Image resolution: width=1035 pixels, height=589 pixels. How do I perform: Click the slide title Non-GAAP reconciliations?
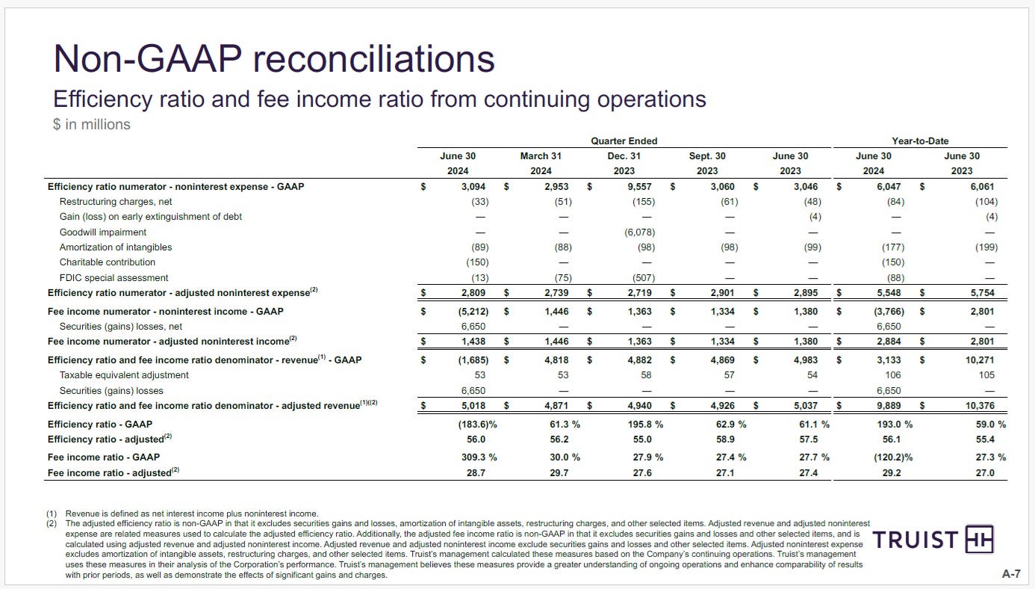pyautogui.click(x=273, y=58)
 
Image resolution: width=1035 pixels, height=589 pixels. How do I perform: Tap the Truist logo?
pyautogui.click(x=933, y=540)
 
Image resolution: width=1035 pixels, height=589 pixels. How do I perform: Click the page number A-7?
pyautogui.click(x=1011, y=574)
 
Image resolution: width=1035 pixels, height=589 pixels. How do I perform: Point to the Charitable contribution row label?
pyautogui.click(x=108, y=262)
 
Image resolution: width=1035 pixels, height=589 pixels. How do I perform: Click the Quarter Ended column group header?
pyautogui.click(x=624, y=141)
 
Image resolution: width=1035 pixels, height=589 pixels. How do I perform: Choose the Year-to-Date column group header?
pyautogui.click(x=920, y=141)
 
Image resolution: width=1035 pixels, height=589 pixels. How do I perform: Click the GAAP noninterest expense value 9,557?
pyautogui.click(x=640, y=186)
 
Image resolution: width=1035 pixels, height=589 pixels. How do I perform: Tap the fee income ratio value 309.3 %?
pyautogui.click(x=475, y=457)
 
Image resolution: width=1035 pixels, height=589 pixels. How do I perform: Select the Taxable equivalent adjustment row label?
pyautogui.click(x=124, y=375)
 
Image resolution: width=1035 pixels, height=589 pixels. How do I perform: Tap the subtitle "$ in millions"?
pyautogui.click(x=91, y=124)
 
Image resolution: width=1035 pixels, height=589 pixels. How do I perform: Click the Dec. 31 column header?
pyautogui.click(x=624, y=156)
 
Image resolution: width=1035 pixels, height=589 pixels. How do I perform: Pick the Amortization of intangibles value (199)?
pyautogui.click(x=985, y=247)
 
